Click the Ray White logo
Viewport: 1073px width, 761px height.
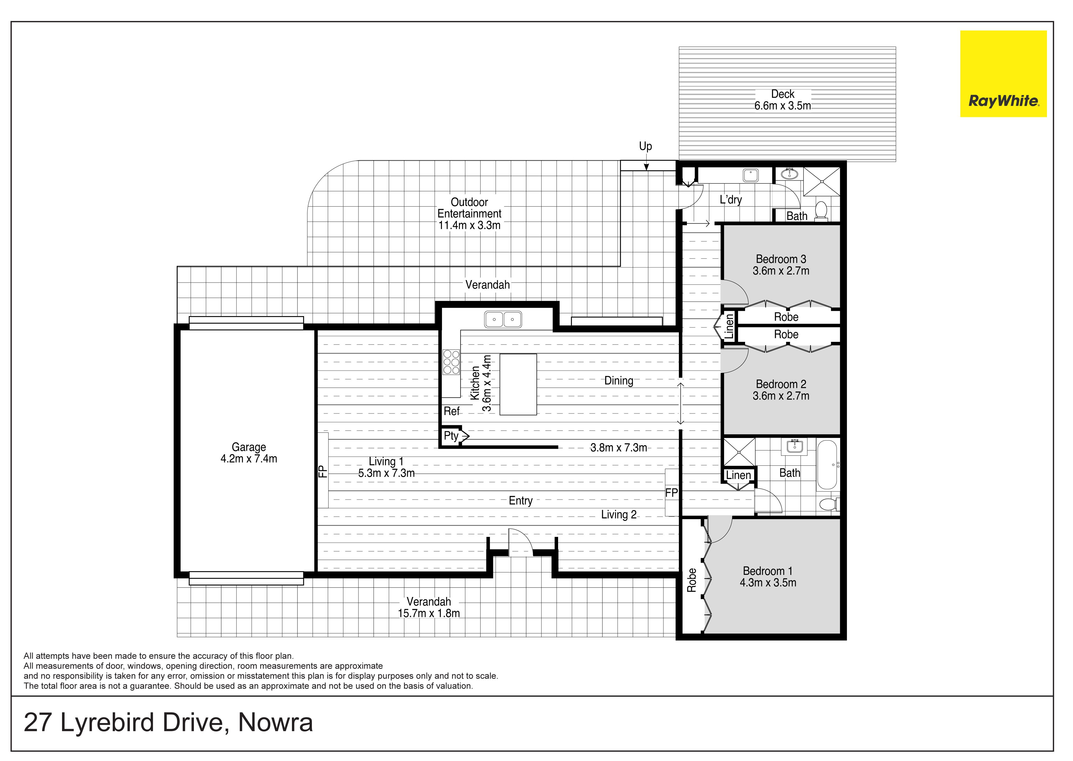(x=1003, y=74)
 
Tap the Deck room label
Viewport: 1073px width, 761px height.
(x=782, y=94)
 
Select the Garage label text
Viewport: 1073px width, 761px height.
(x=249, y=447)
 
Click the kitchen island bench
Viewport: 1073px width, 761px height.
(x=518, y=384)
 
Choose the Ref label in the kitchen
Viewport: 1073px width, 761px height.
(x=452, y=411)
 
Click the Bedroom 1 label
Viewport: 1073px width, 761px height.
(x=767, y=571)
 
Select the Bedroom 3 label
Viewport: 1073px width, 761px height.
(x=781, y=259)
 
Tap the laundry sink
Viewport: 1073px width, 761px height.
(x=750, y=175)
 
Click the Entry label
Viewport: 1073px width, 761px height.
(x=520, y=501)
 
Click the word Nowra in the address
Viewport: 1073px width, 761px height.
(x=276, y=722)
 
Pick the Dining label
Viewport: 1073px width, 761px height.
(x=618, y=381)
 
